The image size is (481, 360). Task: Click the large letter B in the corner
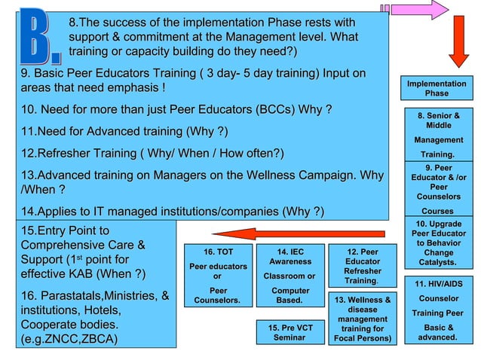[36, 36]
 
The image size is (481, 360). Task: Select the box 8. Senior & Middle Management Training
[439, 134]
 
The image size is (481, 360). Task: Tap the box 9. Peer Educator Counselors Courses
[439, 188]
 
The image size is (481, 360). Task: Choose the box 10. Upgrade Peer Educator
[439, 243]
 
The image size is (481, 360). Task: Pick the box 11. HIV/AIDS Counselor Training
[439, 310]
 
